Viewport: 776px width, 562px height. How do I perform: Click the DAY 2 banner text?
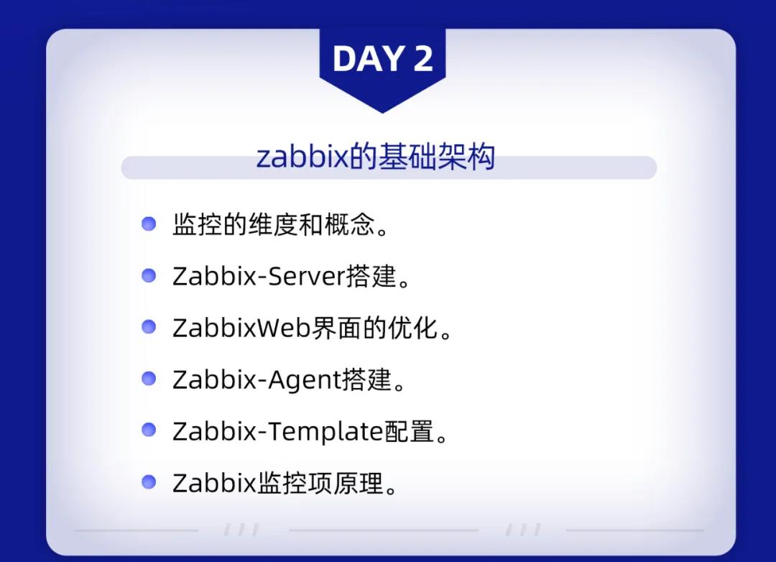click(x=382, y=59)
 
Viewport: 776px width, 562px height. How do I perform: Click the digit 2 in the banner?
click(x=423, y=59)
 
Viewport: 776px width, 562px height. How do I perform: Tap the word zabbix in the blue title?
click(x=303, y=157)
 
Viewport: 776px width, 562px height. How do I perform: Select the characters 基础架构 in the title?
click(x=436, y=157)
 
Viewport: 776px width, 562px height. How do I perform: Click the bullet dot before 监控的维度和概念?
click(x=149, y=224)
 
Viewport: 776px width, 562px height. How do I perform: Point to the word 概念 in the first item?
click(x=349, y=224)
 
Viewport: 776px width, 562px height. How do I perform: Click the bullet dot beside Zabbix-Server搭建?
click(x=149, y=275)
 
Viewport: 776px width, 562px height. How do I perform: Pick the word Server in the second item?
click(x=306, y=276)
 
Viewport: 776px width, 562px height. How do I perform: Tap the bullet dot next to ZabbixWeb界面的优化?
click(x=149, y=327)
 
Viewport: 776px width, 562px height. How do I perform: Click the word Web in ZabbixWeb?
click(x=284, y=328)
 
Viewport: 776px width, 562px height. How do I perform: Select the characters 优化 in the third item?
click(x=412, y=327)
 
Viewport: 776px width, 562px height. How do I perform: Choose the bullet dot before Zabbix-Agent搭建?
click(x=149, y=379)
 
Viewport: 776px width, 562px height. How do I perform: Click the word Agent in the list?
click(x=305, y=380)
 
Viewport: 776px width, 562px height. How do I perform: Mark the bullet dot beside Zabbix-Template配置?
click(x=149, y=430)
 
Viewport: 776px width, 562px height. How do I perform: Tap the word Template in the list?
click(x=326, y=431)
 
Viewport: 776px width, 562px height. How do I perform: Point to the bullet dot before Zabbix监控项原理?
click(x=149, y=482)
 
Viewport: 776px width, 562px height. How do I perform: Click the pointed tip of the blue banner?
click(x=382, y=113)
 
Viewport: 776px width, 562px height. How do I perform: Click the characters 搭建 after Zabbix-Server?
click(x=371, y=276)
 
